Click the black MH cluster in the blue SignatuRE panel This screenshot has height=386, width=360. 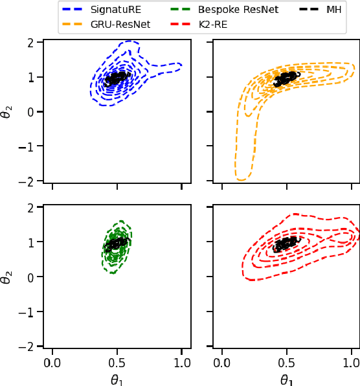click(x=117, y=78)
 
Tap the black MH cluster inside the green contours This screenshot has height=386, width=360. click(x=117, y=244)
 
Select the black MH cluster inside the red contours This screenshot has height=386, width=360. click(x=287, y=244)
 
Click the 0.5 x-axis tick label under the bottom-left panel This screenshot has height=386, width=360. click(x=117, y=362)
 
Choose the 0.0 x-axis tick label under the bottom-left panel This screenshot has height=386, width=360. click(x=52, y=362)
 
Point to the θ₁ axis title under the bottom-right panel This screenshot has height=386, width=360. click(x=287, y=380)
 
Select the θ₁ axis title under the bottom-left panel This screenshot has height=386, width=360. click(x=117, y=380)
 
